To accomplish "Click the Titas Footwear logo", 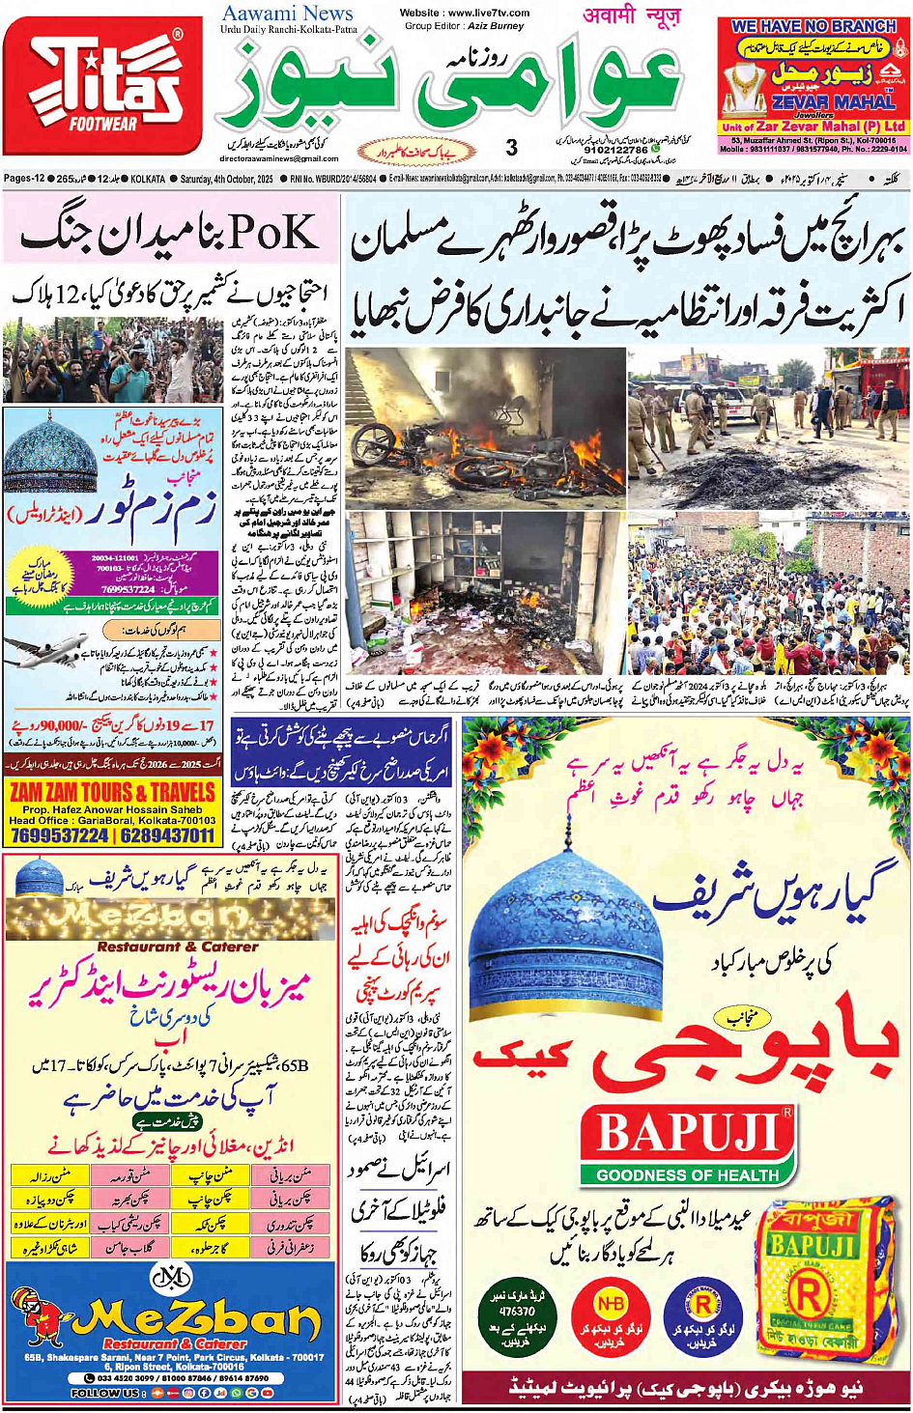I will click(x=102, y=85).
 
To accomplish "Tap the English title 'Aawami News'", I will click(x=287, y=14).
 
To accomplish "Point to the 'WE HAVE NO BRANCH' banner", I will click(x=813, y=27).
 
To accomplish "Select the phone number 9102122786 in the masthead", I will click(x=616, y=151).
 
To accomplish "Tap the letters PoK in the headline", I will click(x=272, y=233).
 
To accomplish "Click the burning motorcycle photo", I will click(x=487, y=428).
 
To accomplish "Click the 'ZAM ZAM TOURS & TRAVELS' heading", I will click(x=112, y=793).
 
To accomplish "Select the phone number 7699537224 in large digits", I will click(x=59, y=835).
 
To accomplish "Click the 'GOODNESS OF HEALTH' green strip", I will click(x=687, y=1175).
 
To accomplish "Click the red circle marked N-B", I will click(x=611, y=1305).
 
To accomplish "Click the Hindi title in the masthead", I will click(x=632, y=14).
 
